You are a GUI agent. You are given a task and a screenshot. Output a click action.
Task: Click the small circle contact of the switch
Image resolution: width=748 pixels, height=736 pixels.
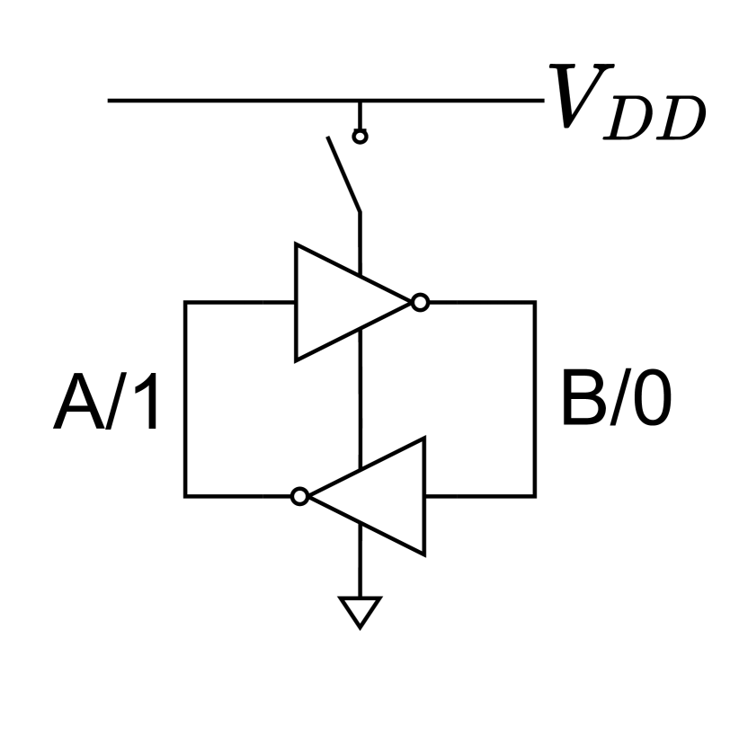point(360,137)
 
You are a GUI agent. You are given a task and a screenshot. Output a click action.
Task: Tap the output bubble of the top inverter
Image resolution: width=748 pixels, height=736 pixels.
point(420,302)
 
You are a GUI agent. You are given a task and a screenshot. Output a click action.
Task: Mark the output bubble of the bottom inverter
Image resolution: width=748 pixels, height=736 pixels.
point(300,495)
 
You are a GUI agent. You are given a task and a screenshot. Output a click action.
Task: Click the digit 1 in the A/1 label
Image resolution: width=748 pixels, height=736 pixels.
point(148,404)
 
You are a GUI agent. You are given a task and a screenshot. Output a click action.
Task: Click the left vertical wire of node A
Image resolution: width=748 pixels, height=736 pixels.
point(185,399)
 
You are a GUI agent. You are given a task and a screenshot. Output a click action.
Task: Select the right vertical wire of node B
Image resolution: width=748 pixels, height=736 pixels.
point(535,399)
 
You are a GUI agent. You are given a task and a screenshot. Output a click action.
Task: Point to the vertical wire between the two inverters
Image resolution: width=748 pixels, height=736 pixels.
point(360,400)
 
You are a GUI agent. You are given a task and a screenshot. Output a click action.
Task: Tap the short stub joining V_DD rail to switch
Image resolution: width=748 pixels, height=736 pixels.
point(360,114)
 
